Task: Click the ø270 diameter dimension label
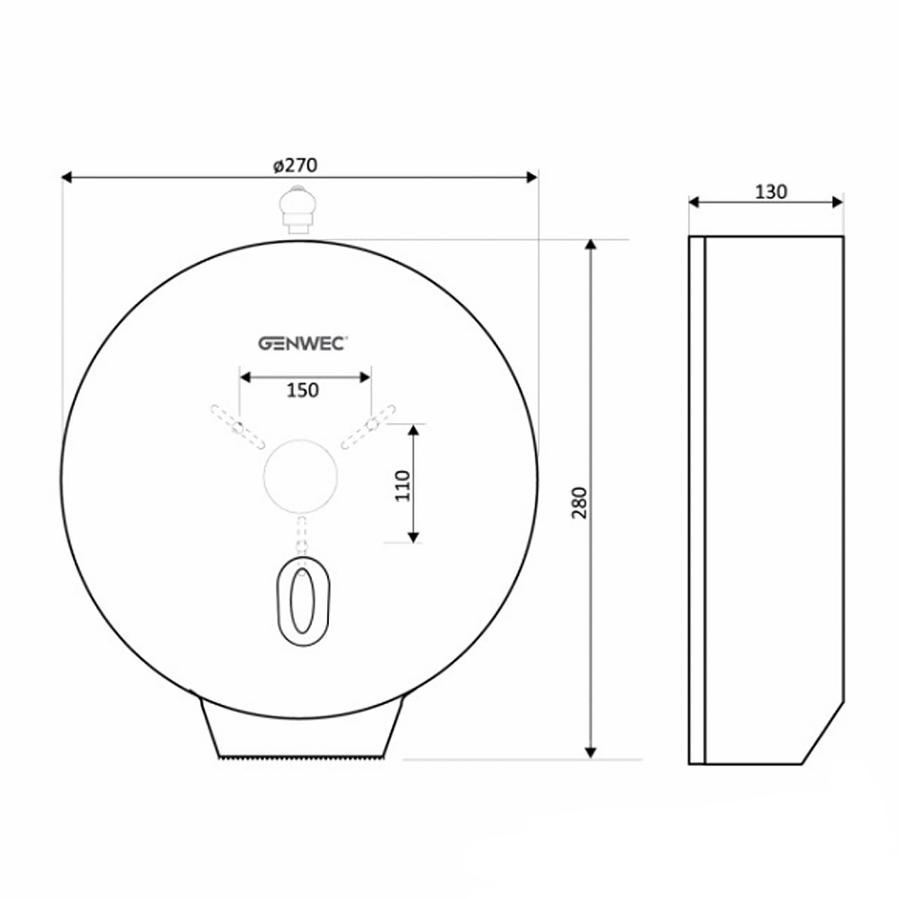[295, 165]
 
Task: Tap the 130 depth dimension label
[770, 191]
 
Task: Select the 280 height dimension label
[580, 503]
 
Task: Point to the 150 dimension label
[302, 390]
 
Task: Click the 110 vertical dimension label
[403, 485]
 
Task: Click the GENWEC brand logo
[301, 343]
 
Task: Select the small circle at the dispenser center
[300, 476]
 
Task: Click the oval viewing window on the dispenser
[303, 601]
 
